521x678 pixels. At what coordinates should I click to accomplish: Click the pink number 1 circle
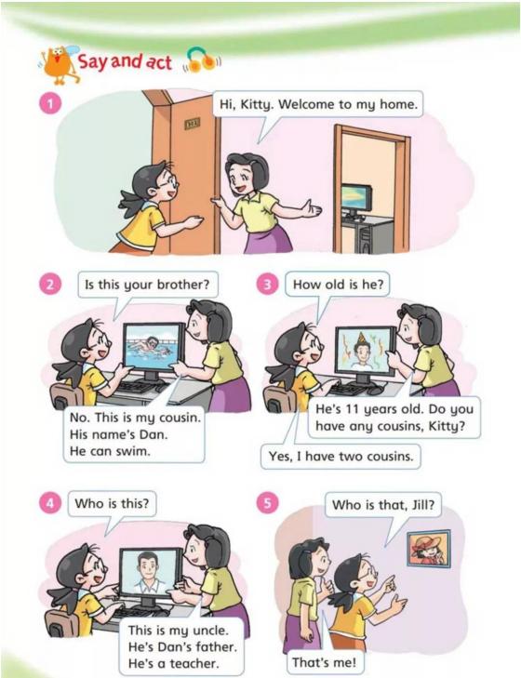point(50,105)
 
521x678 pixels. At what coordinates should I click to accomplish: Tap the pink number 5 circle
point(267,504)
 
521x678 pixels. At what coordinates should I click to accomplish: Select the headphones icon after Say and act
point(201,60)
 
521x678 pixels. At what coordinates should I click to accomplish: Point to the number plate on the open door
point(193,125)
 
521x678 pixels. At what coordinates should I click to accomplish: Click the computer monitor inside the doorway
point(356,198)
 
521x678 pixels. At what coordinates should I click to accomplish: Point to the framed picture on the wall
point(428,549)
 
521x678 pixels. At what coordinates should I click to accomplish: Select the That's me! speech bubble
point(324,662)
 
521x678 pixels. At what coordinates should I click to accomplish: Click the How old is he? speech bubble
point(338,285)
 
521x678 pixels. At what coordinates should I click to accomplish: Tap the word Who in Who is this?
point(87,503)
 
